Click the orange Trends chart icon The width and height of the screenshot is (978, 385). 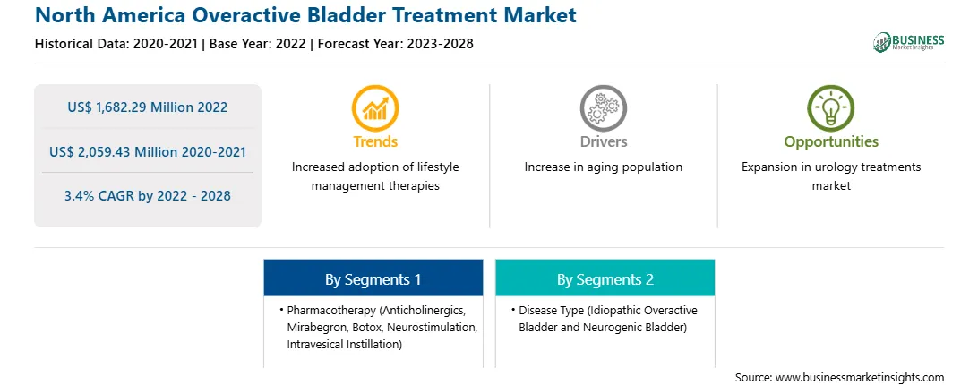click(375, 108)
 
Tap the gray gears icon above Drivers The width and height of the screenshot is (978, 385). click(603, 108)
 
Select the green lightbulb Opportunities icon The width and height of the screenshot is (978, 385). click(831, 108)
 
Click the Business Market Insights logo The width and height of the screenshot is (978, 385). click(908, 42)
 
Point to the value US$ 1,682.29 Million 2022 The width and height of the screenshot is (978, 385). click(147, 107)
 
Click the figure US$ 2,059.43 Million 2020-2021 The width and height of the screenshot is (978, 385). click(147, 151)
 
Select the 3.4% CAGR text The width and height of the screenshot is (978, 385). click(147, 196)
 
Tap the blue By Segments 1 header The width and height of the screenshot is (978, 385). click(373, 278)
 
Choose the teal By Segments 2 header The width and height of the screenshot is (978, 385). click(605, 278)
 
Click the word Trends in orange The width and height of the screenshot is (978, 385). click(375, 141)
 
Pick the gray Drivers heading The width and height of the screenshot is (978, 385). click(603, 141)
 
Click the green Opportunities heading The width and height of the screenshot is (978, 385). click(831, 142)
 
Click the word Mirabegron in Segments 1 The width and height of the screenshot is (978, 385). click(315, 327)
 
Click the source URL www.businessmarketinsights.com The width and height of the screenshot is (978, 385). click(860, 377)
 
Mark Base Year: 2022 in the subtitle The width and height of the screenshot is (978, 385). click(258, 44)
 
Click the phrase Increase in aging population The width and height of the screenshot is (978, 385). click(603, 167)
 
